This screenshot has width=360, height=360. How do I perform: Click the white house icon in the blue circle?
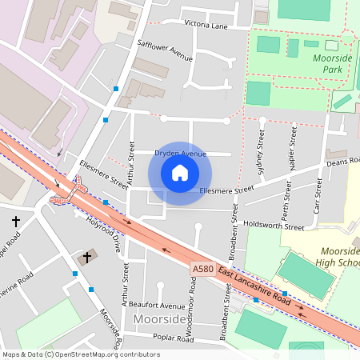180,173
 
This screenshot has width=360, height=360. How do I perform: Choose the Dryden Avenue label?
180,153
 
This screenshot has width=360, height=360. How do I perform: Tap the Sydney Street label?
260,143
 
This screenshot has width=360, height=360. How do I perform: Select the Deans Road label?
343,162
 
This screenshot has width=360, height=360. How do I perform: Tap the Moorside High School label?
334,257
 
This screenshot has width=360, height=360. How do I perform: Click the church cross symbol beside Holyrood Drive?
87,258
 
